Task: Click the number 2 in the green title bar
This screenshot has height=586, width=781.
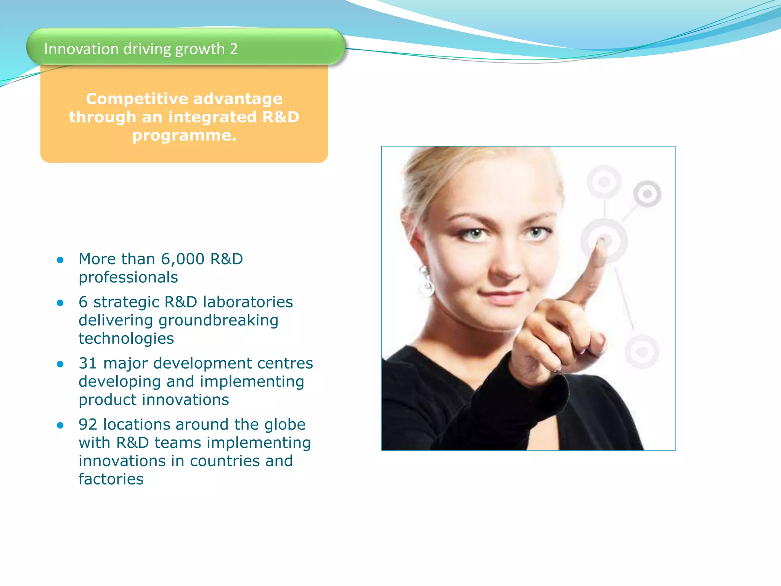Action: [233, 49]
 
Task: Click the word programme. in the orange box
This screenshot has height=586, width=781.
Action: [184, 135]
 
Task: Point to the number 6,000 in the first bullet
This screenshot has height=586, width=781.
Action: [183, 259]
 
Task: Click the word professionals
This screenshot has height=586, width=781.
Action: [128, 277]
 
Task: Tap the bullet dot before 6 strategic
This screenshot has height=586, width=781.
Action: [60, 303]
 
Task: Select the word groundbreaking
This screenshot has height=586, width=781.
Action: [218, 320]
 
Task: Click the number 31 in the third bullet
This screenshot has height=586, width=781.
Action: [88, 363]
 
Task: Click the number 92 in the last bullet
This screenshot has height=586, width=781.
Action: [88, 425]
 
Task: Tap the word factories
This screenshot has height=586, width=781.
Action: [111, 479]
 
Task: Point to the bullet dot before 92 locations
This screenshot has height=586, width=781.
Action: [60, 425]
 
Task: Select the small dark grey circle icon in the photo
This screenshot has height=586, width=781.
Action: [647, 194]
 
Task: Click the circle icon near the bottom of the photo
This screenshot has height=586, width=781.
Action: [642, 351]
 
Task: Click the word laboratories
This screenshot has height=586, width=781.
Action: [248, 302]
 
